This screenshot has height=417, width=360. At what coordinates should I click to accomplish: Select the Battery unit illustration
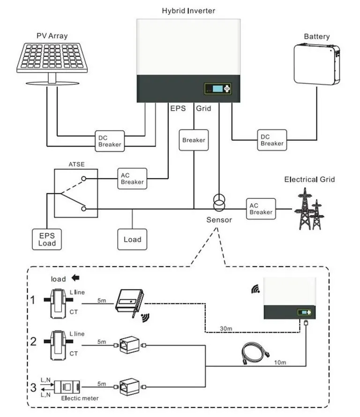pos(316,65)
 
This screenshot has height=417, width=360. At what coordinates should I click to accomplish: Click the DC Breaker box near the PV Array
pos(109,140)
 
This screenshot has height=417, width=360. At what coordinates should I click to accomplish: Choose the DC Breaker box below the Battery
pos(272,140)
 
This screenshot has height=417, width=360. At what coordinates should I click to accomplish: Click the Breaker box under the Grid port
pos(194,140)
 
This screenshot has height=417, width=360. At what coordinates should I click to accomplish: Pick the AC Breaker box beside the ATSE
pos(132,178)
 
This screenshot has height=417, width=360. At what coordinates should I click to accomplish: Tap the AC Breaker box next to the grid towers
pos(261,209)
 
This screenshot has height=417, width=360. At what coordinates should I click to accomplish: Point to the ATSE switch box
pos(75,194)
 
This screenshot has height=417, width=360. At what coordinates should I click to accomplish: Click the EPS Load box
pos(46,239)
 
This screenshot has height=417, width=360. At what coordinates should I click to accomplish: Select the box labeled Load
pos(132,239)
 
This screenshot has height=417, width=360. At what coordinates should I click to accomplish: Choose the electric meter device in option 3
pos(66,387)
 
